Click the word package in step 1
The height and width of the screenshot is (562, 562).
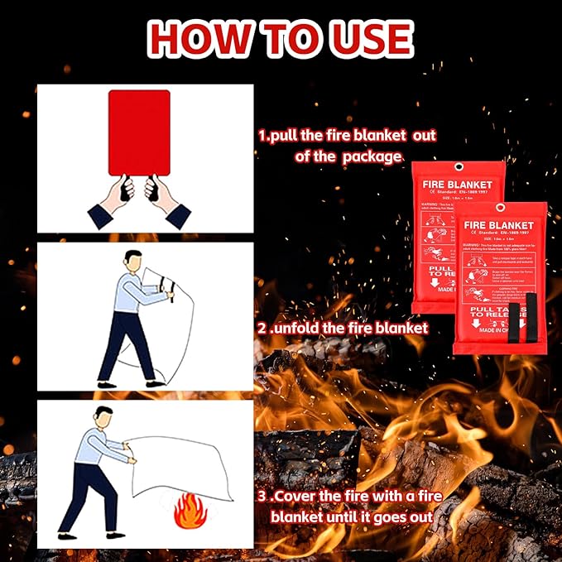375,156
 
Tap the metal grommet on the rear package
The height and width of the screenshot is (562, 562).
456,169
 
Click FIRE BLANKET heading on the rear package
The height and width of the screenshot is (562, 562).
457,185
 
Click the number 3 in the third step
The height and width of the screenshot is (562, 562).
262,498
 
